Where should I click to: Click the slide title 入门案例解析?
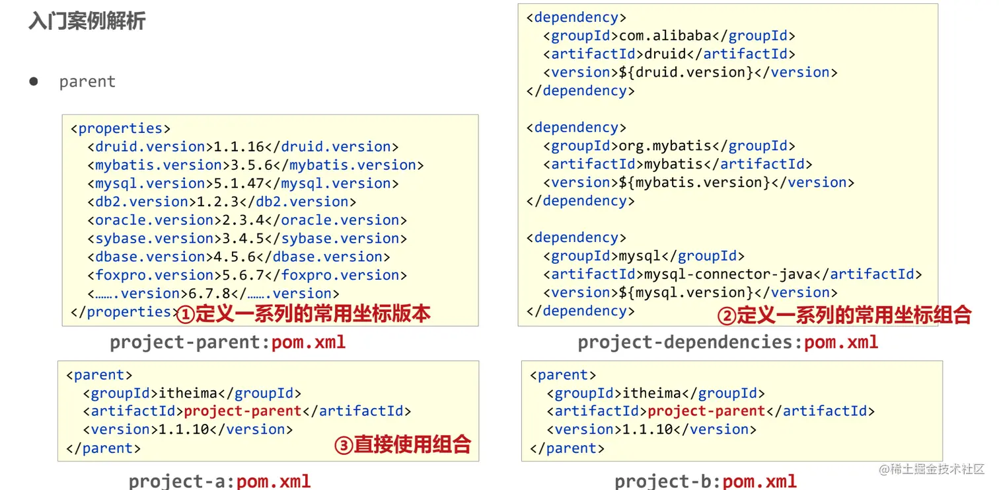pos(87,21)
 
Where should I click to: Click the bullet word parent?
pos(87,82)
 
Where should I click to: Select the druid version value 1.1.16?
pos(239,147)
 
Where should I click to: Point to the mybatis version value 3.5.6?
pos(248,165)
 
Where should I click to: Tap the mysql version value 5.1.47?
pos(239,184)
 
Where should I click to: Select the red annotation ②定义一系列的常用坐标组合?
pos(844,315)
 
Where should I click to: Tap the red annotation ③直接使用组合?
pos(402,444)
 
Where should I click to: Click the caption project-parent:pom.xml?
pos(228,343)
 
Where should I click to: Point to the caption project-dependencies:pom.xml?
pos(728,343)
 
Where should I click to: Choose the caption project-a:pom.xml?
pos(219,481)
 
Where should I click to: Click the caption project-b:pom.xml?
pos(706,481)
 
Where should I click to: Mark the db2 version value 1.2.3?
pos(214,202)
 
